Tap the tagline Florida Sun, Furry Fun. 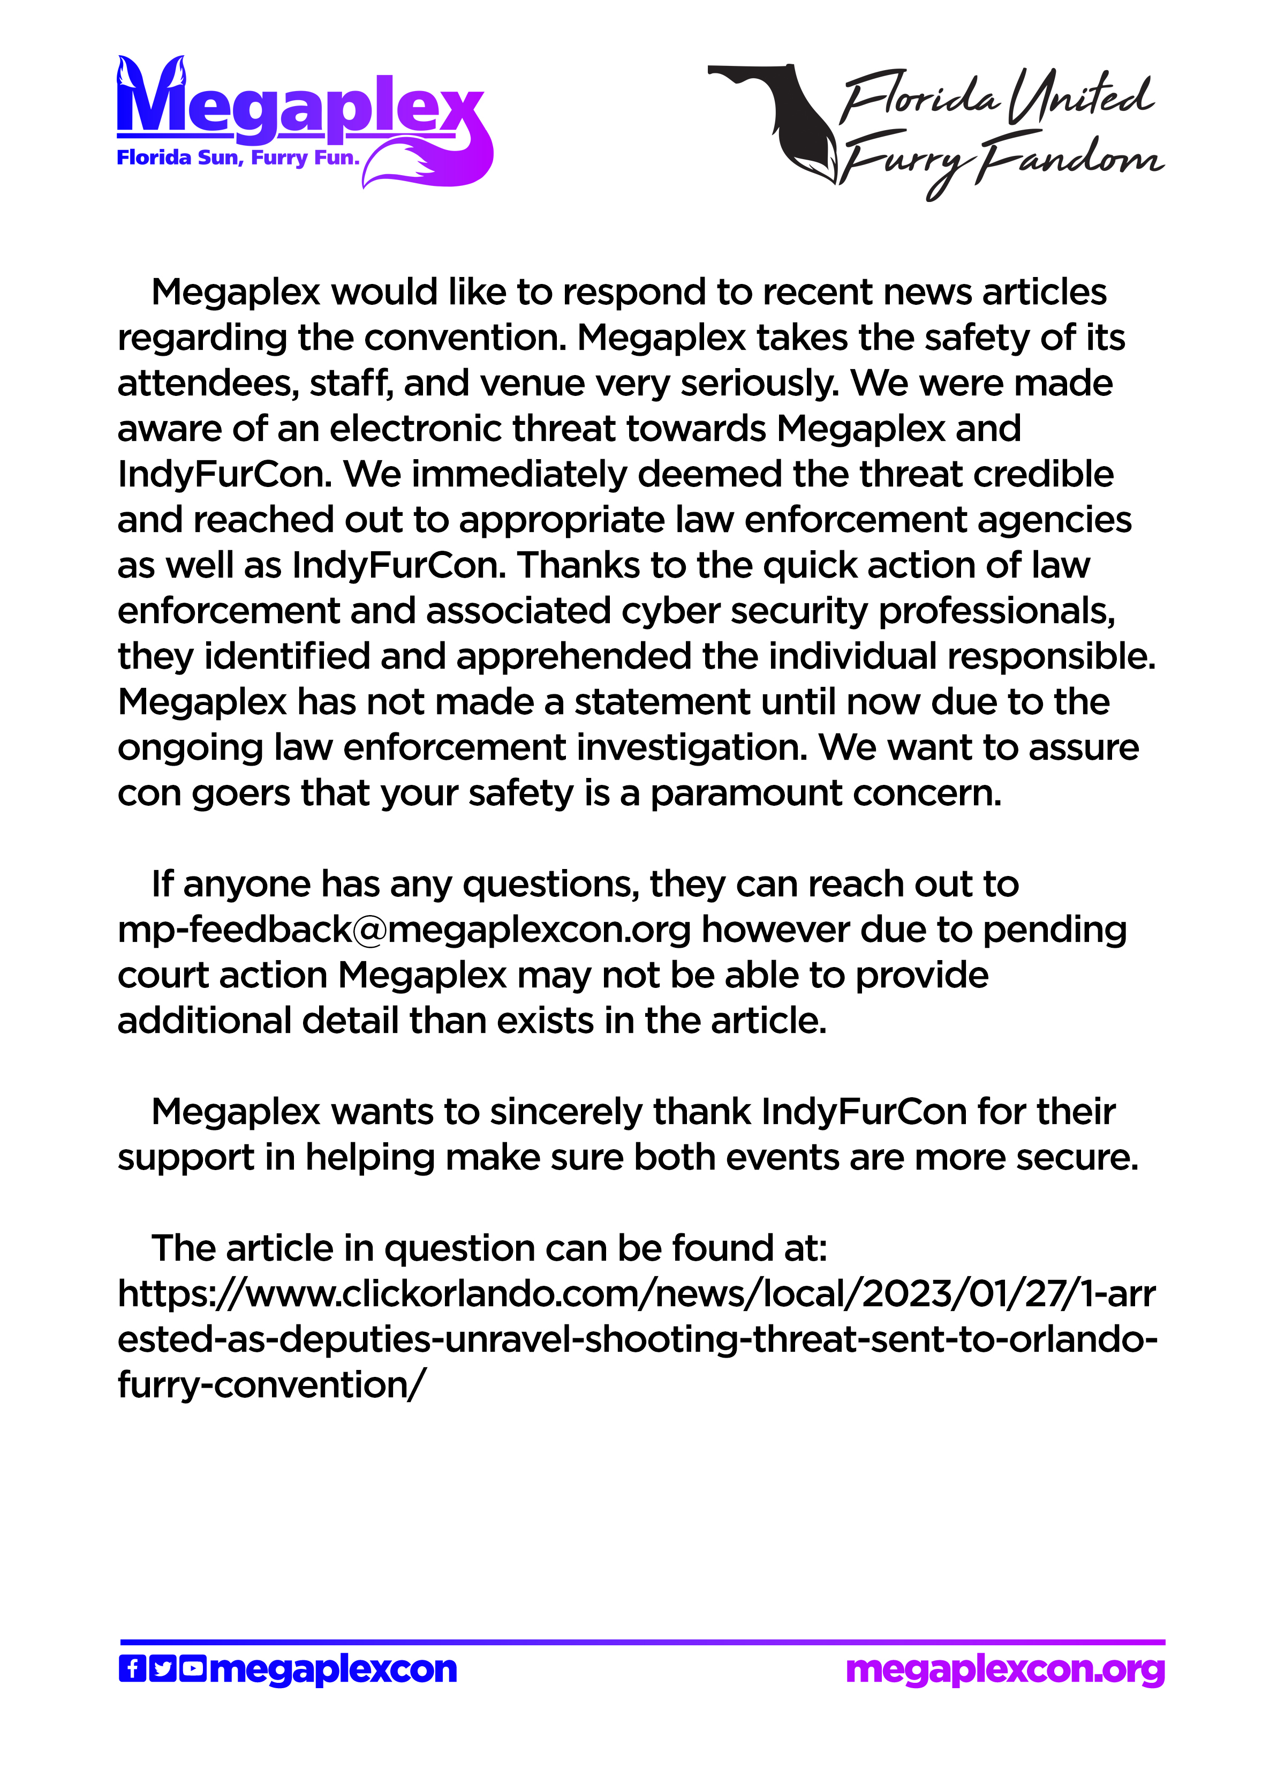(238, 158)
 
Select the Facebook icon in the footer (132, 1669)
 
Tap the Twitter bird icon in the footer (162, 1669)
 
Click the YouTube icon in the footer (192, 1669)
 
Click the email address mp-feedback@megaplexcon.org (404, 930)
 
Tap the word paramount (746, 793)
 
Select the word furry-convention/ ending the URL (271, 1385)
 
